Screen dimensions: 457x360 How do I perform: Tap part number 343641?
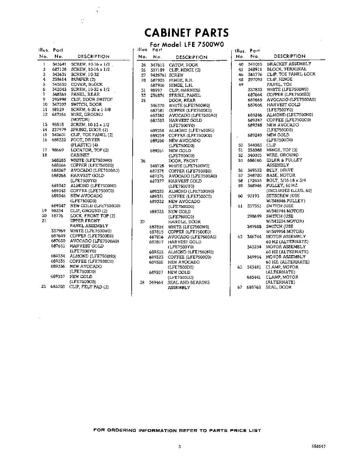(x=59, y=64)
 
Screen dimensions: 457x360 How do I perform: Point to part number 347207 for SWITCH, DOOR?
(x=59, y=104)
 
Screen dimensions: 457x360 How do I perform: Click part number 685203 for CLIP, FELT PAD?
(x=58, y=287)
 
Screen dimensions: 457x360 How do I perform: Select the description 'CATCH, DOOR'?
(x=183, y=65)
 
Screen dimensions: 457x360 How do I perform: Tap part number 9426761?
(x=158, y=75)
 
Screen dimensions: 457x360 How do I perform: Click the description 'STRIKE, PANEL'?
(x=184, y=95)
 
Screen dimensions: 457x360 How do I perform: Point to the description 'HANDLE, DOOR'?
(x=184, y=222)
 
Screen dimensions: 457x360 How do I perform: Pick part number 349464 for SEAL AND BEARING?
(x=156, y=283)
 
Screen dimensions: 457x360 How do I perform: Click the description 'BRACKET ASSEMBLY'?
(x=289, y=64)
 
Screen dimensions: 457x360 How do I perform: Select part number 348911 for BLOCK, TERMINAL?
(x=255, y=69)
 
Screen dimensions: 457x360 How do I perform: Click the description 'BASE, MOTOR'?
(x=281, y=175)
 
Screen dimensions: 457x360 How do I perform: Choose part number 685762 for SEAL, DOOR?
(x=254, y=287)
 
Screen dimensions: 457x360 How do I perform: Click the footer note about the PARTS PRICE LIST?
(x=177, y=430)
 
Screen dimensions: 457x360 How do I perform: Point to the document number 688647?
(x=318, y=446)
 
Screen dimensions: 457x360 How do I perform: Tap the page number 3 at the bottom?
(x=179, y=446)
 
